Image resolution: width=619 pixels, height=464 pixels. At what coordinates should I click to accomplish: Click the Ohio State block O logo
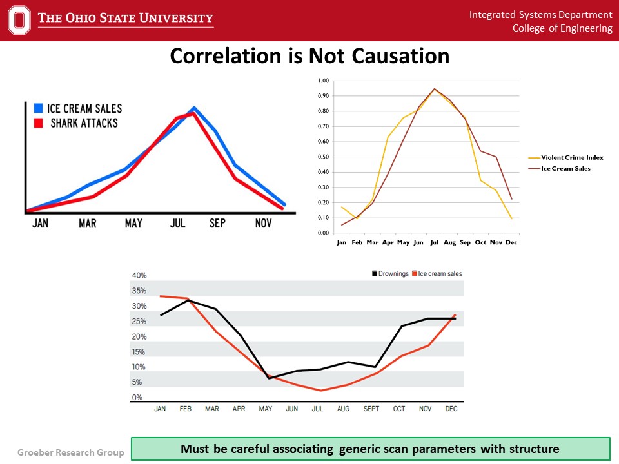(x=20, y=20)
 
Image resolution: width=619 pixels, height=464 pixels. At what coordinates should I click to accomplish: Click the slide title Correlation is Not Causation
(x=309, y=56)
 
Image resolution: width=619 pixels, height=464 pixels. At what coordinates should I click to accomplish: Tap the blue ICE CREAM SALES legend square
(x=38, y=108)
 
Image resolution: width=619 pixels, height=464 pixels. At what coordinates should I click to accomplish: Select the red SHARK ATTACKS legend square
(x=38, y=122)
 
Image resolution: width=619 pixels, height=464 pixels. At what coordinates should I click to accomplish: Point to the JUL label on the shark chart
(x=178, y=223)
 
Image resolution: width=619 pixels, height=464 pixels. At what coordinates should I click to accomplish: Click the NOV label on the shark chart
(x=264, y=223)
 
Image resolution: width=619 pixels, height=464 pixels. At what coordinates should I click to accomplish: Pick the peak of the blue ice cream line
(x=193, y=108)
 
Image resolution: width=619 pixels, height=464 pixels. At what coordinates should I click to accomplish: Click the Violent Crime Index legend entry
(x=564, y=157)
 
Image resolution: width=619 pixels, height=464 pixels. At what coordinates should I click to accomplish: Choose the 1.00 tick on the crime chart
(x=324, y=81)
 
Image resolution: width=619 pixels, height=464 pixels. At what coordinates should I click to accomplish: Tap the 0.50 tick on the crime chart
(x=324, y=157)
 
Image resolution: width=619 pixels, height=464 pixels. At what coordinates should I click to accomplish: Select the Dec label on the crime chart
(x=512, y=242)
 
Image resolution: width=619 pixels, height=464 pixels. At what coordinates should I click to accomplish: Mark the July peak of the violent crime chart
(x=434, y=90)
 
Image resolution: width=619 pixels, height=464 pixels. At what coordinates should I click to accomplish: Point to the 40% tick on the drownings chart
(x=139, y=275)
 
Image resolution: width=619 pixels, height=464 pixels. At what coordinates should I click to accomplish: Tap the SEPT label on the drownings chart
(x=371, y=409)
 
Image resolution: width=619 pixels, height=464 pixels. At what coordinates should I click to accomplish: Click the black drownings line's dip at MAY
(x=268, y=378)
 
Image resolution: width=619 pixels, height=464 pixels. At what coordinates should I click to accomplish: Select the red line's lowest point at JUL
(x=320, y=390)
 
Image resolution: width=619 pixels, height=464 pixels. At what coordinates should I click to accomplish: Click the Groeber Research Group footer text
(x=62, y=452)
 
